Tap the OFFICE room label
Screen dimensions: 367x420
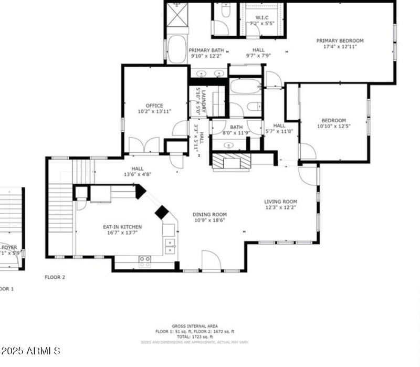pyautogui.click(x=154, y=106)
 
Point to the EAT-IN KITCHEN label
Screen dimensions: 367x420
pyautogui.click(x=122, y=227)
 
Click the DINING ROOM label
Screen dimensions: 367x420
pyautogui.click(x=209, y=214)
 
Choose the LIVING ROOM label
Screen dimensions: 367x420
pyautogui.click(x=280, y=202)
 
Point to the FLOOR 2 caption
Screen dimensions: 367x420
pyautogui.click(x=55, y=277)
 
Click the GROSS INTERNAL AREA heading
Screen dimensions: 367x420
pyautogui.click(x=195, y=326)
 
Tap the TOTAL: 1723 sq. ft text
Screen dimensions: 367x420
pyautogui.click(x=195, y=337)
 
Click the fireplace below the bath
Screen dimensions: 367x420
pyautogui.click(x=232, y=161)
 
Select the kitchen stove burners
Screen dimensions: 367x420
pyautogui.click(x=145, y=259)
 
